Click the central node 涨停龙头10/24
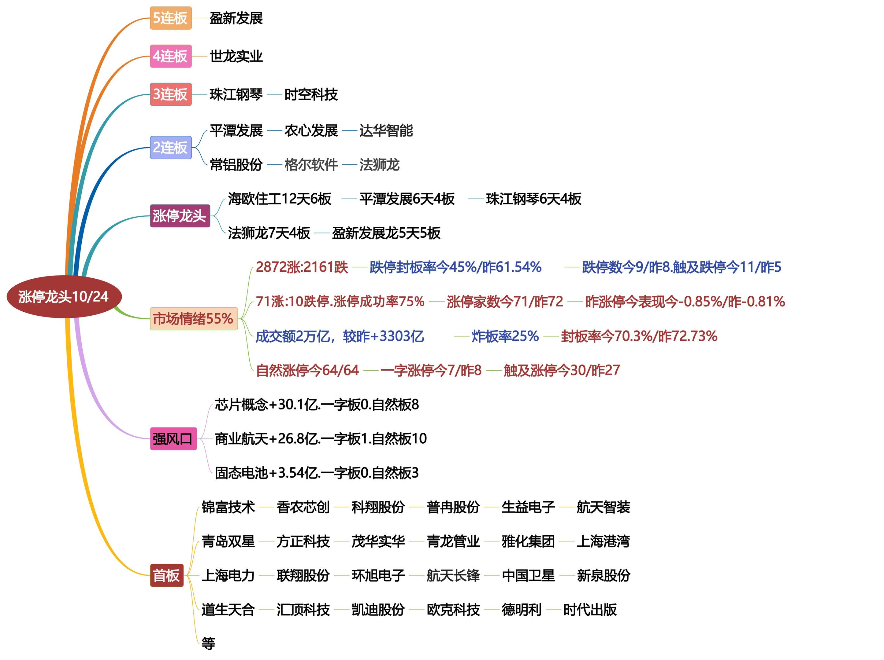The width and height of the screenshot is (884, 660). pos(64,297)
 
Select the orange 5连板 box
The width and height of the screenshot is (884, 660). pos(171,18)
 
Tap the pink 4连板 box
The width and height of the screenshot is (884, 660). pos(171,56)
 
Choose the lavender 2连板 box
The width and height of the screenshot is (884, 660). pos(171,148)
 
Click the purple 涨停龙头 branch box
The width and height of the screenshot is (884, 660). pos(180,216)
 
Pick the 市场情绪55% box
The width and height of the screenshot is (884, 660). pos(193,319)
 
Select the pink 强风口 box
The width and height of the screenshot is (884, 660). pos(173,439)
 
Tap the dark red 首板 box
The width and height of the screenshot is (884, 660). pos(167,575)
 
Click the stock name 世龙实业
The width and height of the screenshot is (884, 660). pos(236,56)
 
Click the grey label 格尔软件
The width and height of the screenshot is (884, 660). pos(311,164)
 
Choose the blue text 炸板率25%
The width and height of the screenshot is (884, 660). pos(505,336)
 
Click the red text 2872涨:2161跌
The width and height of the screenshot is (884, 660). pos(302,267)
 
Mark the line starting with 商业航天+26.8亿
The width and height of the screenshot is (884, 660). pos(321,439)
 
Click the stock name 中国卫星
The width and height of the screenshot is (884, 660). pos(528,575)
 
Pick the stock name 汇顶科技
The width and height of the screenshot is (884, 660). pos(303,610)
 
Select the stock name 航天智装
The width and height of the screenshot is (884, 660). pos(603,507)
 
